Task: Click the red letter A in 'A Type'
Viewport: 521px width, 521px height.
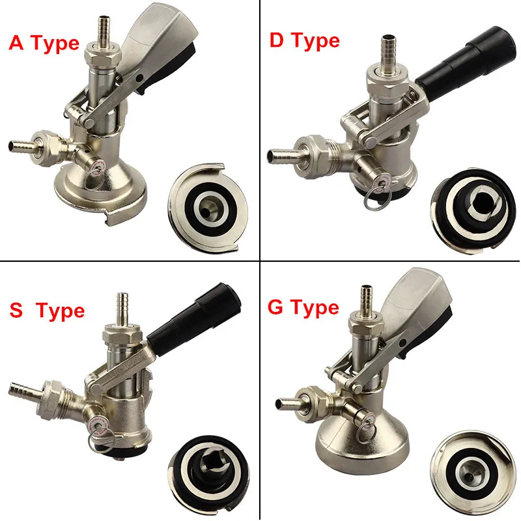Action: [x=17, y=43]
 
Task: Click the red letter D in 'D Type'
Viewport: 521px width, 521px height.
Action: [x=276, y=40]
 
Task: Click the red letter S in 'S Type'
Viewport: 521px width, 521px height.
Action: [x=16, y=311]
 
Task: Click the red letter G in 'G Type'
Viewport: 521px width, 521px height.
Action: [x=275, y=307]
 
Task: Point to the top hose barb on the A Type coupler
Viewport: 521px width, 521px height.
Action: [x=105, y=29]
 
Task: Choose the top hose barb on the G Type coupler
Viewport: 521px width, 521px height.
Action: [x=367, y=299]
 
